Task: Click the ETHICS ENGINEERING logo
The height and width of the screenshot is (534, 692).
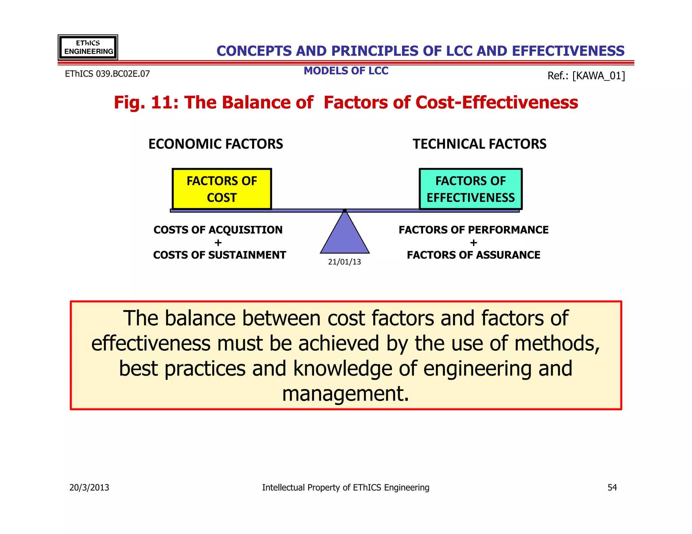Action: coord(88,47)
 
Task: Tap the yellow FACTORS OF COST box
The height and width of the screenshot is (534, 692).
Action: coord(222,189)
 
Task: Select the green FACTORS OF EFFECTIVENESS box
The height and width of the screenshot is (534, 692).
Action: coord(470,189)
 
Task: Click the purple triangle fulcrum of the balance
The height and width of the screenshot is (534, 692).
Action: coord(345,236)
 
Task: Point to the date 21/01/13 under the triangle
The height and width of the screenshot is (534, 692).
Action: coord(344,262)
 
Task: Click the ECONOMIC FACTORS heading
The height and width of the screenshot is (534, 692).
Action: coord(216,144)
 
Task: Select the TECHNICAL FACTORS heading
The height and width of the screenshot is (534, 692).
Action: coord(479,144)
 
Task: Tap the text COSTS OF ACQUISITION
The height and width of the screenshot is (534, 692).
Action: coord(218,230)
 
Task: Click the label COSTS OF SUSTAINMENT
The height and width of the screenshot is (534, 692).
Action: coord(219,255)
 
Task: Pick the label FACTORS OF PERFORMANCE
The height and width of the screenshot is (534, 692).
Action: coord(473,230)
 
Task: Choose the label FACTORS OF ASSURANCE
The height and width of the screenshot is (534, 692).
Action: coord(473,255)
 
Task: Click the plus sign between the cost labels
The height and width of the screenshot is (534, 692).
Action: coord(218,243)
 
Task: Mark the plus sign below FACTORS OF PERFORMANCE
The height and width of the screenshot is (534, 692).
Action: coord(473,243)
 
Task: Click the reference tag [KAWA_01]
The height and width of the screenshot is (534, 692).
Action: coord(598,76)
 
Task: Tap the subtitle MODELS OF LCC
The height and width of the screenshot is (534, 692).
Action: coord(346,71)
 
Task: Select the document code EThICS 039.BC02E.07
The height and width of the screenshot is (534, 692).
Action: coord(107,74)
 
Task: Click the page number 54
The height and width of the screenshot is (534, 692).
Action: coord(612,487)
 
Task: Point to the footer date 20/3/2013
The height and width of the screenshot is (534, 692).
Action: coord(89,487)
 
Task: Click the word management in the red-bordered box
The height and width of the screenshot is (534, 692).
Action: coord(345,394)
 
